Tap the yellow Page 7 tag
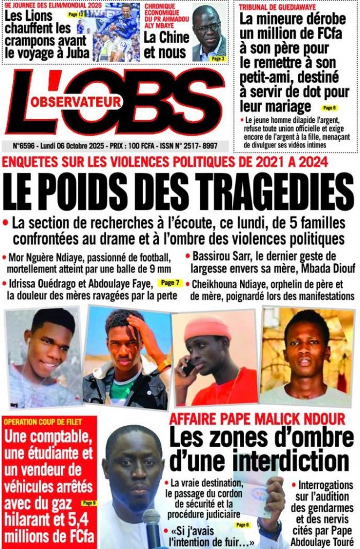coord(171,283)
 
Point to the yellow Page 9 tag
coord(88,503)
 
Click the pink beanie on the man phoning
coord(207,328)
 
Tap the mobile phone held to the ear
coord(188,367)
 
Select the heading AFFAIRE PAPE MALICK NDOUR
coord(258,419)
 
